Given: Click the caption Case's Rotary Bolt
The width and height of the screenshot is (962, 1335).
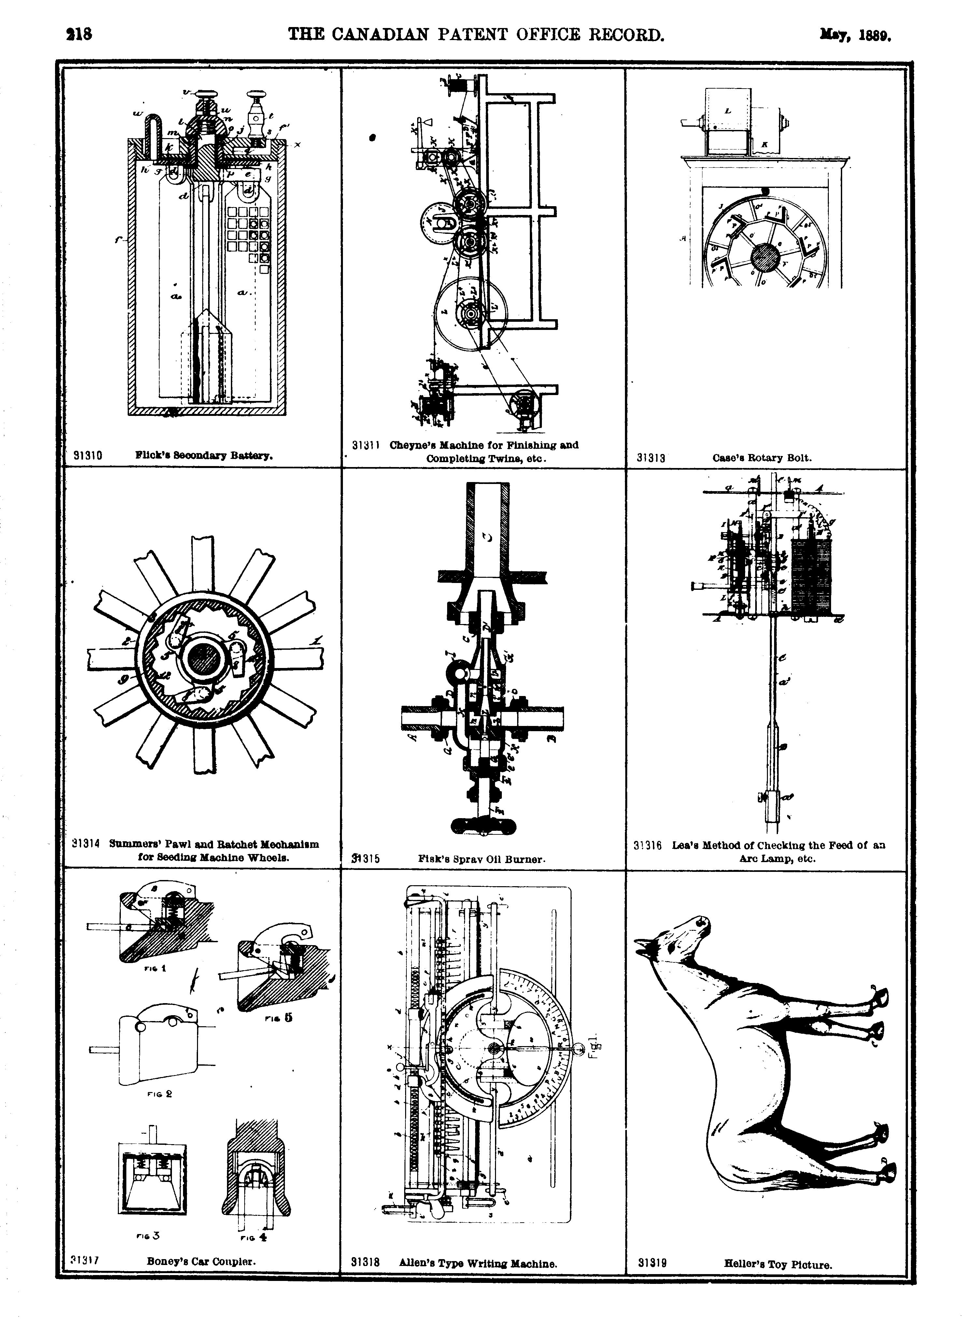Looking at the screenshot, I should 762,457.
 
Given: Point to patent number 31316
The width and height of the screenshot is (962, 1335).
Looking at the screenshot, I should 648,845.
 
